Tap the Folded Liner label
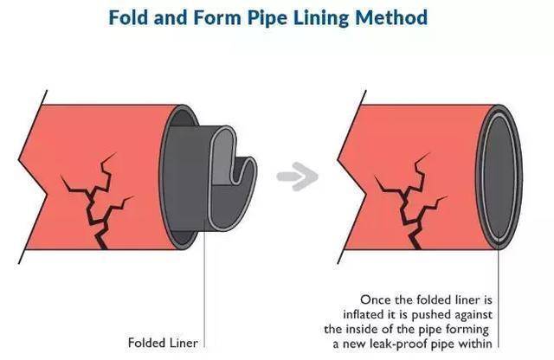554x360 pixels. coord(159,342)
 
